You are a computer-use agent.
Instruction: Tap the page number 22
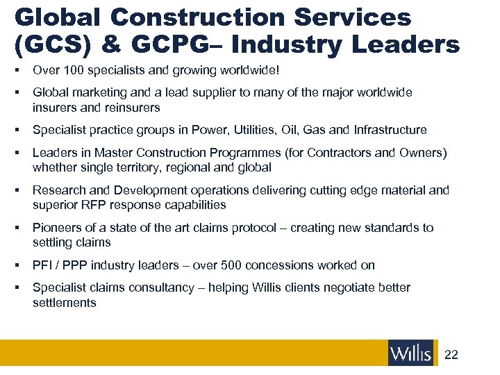pyautogui.click(x=451, y=355)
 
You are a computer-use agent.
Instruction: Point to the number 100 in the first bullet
pyautogui.click(x=69, y=70)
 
